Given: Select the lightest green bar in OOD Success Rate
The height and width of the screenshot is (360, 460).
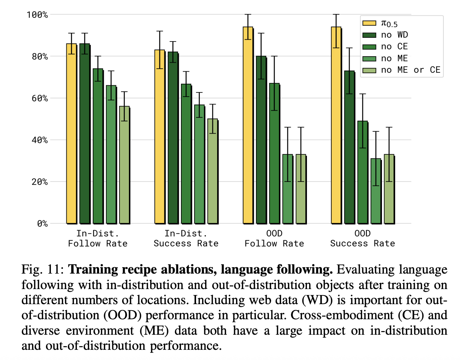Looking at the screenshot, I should (389, 189).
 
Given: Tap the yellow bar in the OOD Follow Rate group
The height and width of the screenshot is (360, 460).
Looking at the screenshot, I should (248, 125).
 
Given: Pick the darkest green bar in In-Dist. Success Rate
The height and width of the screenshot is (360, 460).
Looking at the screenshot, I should (173, 137).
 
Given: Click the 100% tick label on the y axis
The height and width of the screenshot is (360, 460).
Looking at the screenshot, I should (37, 15).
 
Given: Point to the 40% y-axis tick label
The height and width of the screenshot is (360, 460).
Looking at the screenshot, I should (38, 140).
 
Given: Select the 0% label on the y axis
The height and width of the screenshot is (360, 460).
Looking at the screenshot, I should (41, 223).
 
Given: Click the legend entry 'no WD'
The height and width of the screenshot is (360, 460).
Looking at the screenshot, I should (394, 35).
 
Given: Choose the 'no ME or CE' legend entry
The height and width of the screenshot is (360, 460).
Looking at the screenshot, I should (410, 69).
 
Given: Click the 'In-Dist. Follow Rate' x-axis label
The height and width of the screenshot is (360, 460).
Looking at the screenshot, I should (98, 238).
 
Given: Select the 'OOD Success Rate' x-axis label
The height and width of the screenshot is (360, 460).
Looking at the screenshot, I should (362, 238).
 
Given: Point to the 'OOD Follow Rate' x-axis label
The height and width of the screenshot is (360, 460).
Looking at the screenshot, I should (274, 238).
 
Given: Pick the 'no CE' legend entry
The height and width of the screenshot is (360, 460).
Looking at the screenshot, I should (394, 46).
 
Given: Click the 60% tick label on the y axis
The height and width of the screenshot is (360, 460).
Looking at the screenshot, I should (38, 98).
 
